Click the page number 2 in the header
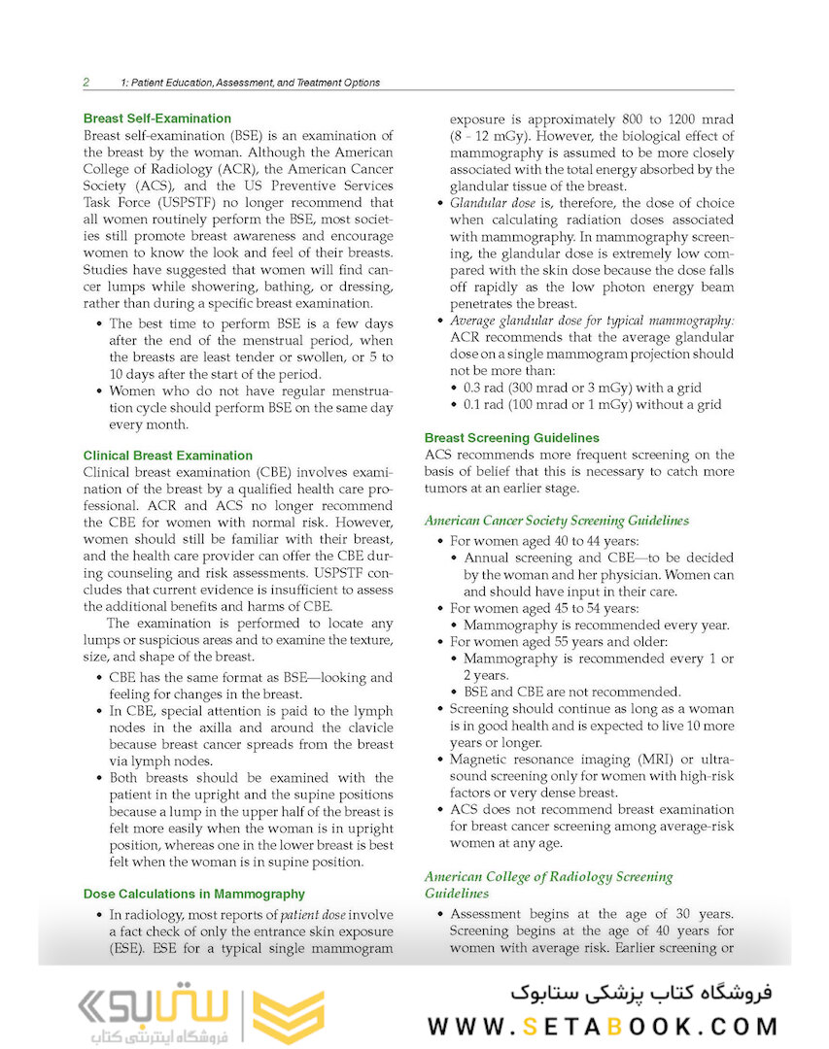[86, 83]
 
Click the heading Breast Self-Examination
[156, 119]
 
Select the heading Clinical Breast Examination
[168, 455]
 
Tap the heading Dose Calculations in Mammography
[194, 894]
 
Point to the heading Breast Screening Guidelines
[512, 438]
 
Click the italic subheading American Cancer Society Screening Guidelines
[557, 521]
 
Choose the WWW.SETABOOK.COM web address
[603, 1027]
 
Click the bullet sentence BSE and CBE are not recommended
[572, 692]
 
